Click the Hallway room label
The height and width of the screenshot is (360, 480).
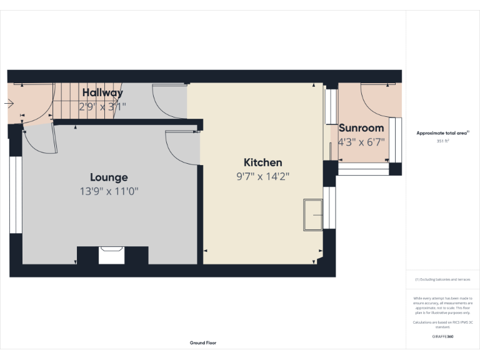[102, 93]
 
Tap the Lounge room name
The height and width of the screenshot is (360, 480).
[109, 177]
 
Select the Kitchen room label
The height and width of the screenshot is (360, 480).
[262, 162]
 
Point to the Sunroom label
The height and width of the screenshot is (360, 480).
[361, 128]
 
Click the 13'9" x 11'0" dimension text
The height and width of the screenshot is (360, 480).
[109, 191]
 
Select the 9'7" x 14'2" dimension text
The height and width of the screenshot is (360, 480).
[262, 176]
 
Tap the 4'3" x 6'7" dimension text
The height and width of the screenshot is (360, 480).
[361, 142]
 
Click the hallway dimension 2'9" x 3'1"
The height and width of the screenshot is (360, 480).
[102, 106]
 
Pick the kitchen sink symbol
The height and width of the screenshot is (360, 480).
[312, 215]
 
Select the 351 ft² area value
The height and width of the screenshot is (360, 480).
[443, 141]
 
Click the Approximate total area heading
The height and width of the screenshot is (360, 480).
[442, 133]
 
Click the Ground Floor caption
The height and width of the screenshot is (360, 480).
[203, 342]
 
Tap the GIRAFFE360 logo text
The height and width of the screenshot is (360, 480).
[443, 336]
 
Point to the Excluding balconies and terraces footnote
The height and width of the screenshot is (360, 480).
[443, 279]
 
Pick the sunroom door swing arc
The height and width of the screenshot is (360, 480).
[375, 100]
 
